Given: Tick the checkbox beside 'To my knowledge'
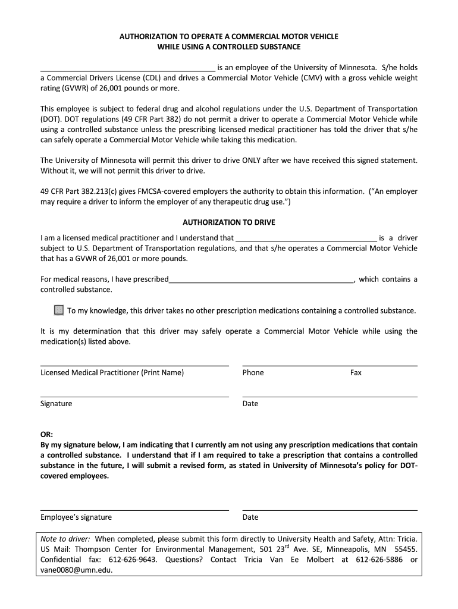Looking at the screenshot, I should click(59, 310).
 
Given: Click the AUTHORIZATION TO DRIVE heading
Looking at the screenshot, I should click(229, 222).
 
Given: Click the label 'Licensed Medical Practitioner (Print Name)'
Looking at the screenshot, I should click(112, 373).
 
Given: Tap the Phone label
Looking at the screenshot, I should click(253, 373).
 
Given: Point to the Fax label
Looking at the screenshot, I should click(356, 373).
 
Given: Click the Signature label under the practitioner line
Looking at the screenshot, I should click(56, 404).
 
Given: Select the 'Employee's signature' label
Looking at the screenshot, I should click(76, 517).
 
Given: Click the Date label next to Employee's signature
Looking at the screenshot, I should click(250, 517).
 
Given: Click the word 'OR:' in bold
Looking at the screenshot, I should click(46, 435).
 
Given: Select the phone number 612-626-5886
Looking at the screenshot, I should click(381, 560).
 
